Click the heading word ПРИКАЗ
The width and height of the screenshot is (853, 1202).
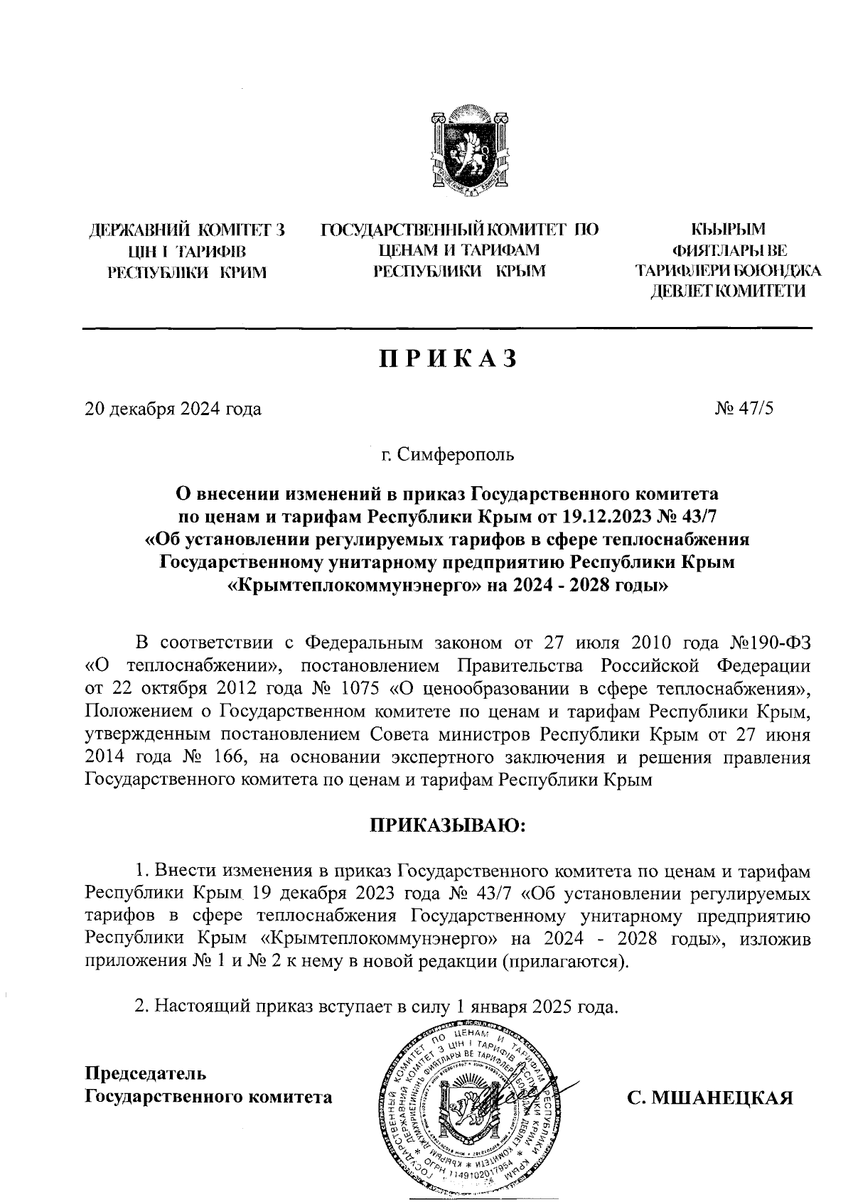click(447, 359)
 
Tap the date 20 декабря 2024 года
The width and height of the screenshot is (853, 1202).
click(173, 409)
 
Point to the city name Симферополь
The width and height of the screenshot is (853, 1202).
click(455, 453)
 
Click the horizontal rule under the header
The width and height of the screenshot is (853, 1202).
click(447, 328)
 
